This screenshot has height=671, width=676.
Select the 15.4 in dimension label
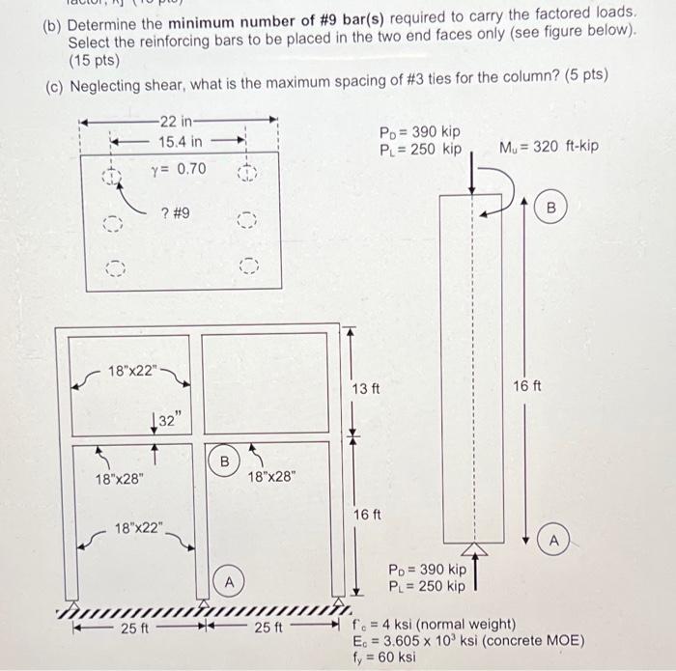tap(181, 142)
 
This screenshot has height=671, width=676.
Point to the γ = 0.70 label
tap(179, 168)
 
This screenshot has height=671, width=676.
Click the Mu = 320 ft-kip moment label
tap(549, 147)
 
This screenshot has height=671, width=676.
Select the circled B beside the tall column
tap(552, 208)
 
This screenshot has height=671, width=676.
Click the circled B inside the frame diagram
tap(223, 460)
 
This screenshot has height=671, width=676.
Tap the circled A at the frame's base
tap(229, 582)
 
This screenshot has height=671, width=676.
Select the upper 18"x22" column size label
tap(134, 370)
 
